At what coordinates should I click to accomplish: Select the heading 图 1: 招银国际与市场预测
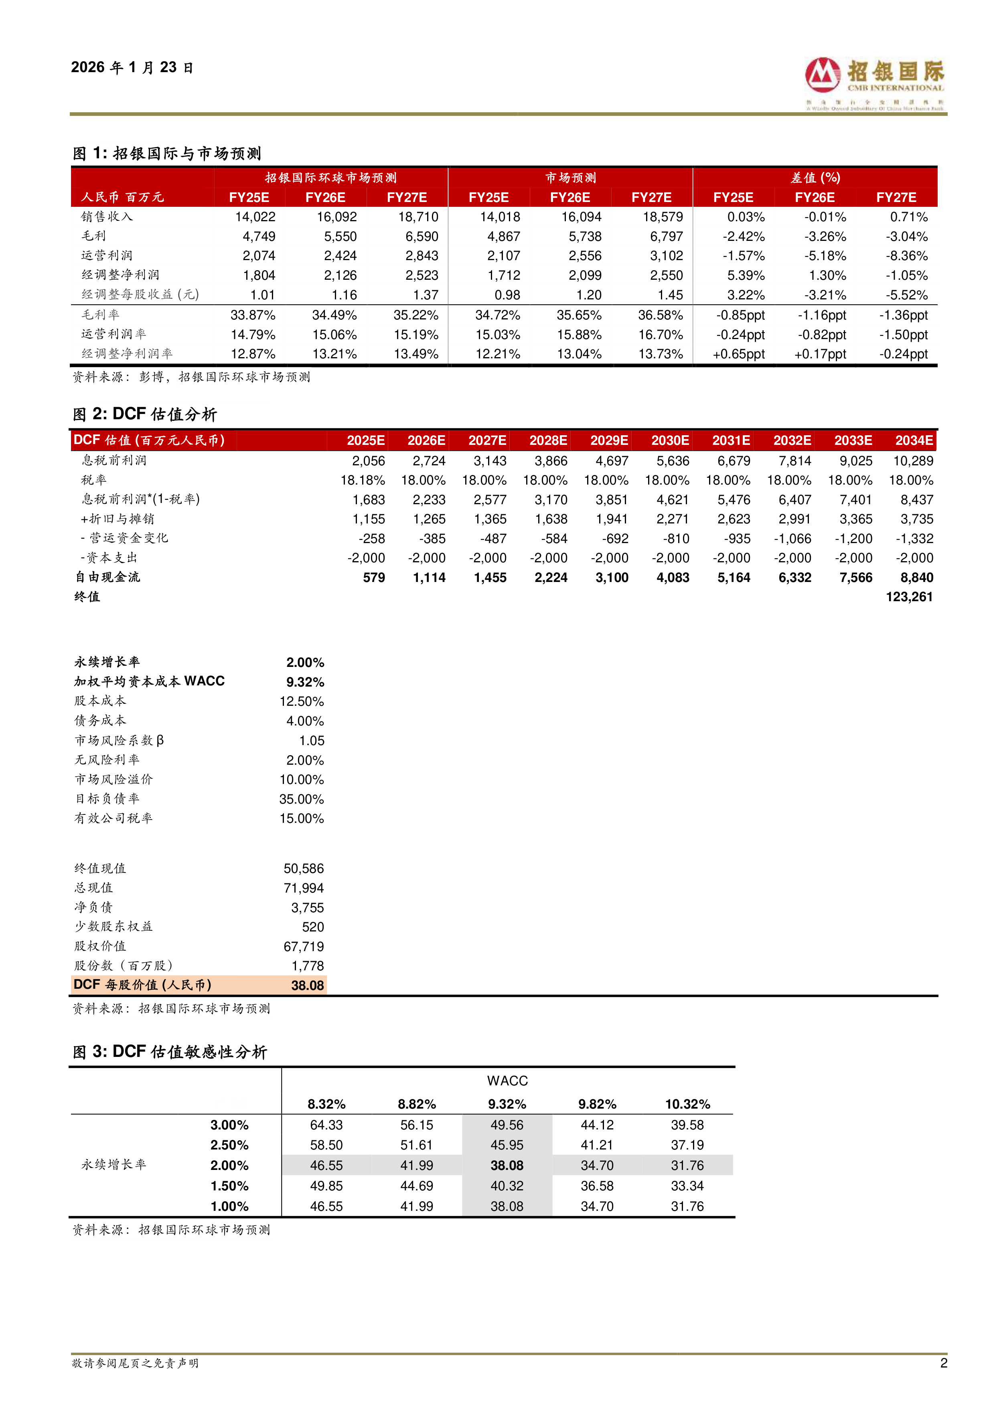[x=167, y=153]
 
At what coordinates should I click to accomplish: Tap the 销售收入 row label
[x=107, y=217]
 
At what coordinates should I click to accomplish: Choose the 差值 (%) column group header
[x=815, y=178]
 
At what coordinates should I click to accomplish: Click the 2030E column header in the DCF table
[x=670, y=440]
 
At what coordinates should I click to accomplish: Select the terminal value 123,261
[x=909, y=597]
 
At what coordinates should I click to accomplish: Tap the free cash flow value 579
[x=374, y=578]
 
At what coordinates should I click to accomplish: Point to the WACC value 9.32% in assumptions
[x=305, y=682]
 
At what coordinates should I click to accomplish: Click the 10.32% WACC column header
[x=687, y=1104]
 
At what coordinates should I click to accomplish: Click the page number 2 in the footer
[x=944, y=1363]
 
